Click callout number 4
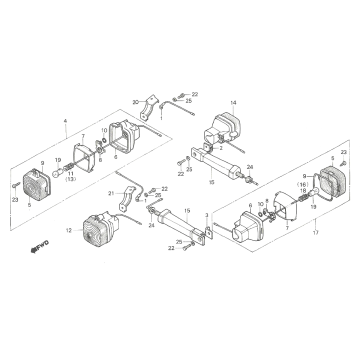click(x=65, y=125)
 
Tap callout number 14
click(x=233, y=103)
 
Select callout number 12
click(x=69, y=231)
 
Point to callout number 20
click(x=135, y=101)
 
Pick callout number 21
click(x=110, y=192)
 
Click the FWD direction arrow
click(x=40, y=244)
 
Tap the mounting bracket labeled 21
click(x=128, y=199)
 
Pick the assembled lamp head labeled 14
click(x=225, y=128)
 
